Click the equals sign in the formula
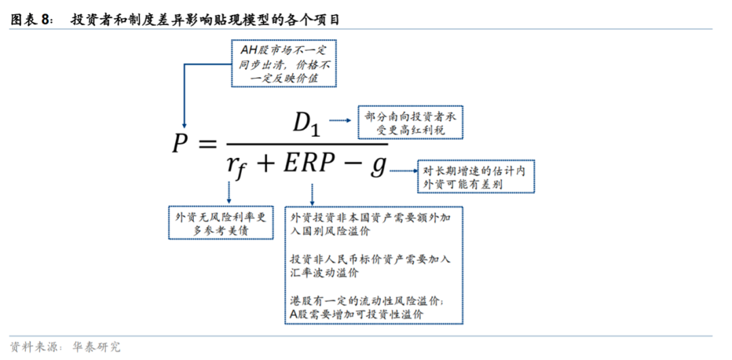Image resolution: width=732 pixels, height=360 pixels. [x=205, y=144]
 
